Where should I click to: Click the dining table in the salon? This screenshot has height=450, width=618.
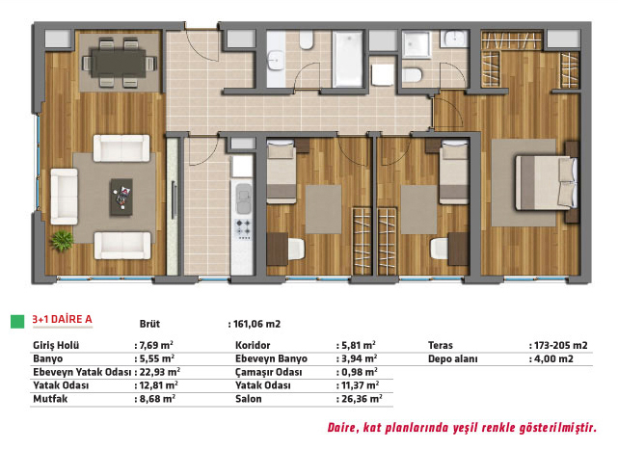click(119, 63)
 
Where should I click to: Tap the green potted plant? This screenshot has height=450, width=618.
click(62, 240)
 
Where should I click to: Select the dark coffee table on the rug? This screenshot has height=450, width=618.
click(121, 197)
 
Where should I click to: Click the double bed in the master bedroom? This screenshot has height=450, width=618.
click(546, 182)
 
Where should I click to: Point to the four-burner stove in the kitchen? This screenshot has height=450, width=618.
click(242, 229)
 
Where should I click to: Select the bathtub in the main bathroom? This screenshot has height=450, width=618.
click(347, 59)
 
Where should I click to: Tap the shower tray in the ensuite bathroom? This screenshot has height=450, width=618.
click(416, 44)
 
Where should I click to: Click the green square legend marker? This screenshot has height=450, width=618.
click(17, 321)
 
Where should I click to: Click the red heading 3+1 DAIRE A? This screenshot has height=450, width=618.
click(63, 319)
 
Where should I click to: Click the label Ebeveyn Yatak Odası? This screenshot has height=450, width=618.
click(82, 372)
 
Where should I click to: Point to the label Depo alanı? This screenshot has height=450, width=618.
click(453, 359)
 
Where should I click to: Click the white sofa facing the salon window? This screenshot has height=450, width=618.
click(64, 197)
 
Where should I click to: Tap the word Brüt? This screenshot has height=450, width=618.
click(149, 324)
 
